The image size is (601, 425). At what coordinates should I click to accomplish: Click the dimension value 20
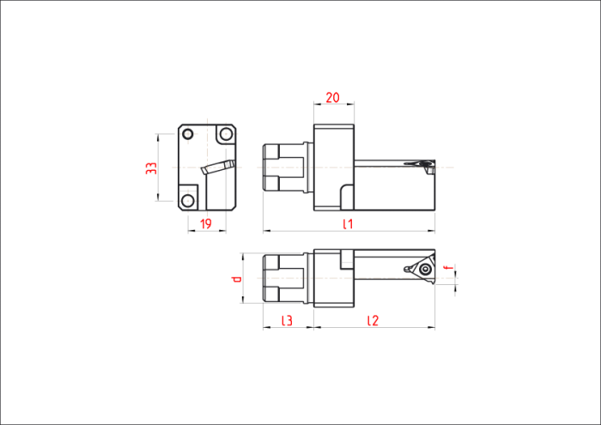click(x=332, y=98)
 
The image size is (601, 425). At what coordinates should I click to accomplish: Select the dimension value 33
click(x=151, y=168)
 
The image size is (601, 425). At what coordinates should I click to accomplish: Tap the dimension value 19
click(x=206, y=224)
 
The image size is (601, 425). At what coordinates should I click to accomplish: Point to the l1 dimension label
click(x=348, y=224)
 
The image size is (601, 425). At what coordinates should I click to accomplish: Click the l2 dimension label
click(x=373, y=320)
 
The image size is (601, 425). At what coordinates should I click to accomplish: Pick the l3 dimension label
click(x=287, y=320)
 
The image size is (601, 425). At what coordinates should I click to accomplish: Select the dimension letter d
click(x=237, y=278)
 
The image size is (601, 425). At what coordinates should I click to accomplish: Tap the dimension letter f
click(x=449, y=267)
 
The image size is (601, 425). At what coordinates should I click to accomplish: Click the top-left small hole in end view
click(x=188, y=134)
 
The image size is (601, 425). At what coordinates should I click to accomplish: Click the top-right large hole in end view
click(x=226, y=134)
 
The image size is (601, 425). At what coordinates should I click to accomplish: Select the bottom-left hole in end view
click(x=188, y=200)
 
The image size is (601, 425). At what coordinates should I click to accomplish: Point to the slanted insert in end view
click(x=218, y=167)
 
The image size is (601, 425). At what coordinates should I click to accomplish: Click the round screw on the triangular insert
click(x=425, y=269)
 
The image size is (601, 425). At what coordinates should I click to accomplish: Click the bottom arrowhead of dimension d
click(x=243, y=300)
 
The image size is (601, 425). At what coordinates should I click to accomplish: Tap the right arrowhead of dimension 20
click(x=350, y=104)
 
